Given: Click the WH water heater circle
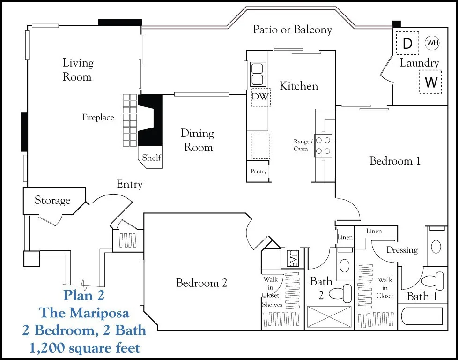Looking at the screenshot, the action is tap(432, 43).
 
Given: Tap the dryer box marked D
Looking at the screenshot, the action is tap(407, 43).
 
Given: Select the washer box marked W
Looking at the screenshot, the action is tap(430, 82).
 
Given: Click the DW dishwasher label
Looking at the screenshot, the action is tap(260, 96).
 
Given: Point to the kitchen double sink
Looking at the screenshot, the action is tap(258, 74).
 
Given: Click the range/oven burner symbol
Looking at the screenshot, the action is tap(323, 146).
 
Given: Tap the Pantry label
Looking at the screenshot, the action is tap(259, 172).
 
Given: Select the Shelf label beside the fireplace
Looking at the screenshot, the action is tap(151, 157).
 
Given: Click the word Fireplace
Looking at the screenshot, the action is tap(98, 118).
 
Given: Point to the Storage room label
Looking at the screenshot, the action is tap(52, 200).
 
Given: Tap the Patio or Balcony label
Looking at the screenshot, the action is tap(292, 30).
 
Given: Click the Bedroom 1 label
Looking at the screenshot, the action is tap(395, 161).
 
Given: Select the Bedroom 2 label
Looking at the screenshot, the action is tap(201, 283).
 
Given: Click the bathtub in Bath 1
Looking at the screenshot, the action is tap(422, 316).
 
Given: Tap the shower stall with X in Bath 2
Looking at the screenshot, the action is tap(329, 317).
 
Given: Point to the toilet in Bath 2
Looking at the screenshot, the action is tap(340, 293).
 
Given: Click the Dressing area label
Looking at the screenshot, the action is tap(402, 250).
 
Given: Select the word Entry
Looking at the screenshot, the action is tap(129, 184).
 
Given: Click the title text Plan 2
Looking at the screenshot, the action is tap(84, 295).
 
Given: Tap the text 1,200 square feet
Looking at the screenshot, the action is tap(84, 348).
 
